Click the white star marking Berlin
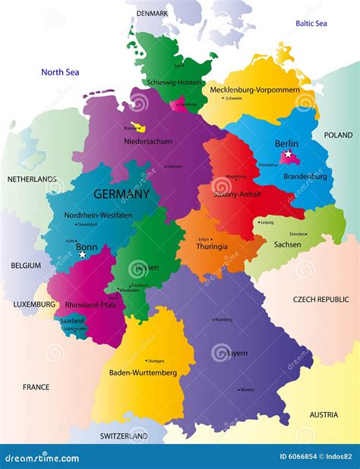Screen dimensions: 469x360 [288, 155]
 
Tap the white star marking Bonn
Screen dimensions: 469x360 [82, 255]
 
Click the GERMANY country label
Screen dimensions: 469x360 [122, 194]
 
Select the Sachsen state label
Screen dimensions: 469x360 [287, 244]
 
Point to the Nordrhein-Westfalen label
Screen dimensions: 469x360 [99, 215]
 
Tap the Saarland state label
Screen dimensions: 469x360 [72, 321]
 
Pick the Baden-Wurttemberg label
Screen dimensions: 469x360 [144, 373]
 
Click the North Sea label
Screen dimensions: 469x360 [60, 72]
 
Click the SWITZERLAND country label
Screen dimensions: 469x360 [124, 436]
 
